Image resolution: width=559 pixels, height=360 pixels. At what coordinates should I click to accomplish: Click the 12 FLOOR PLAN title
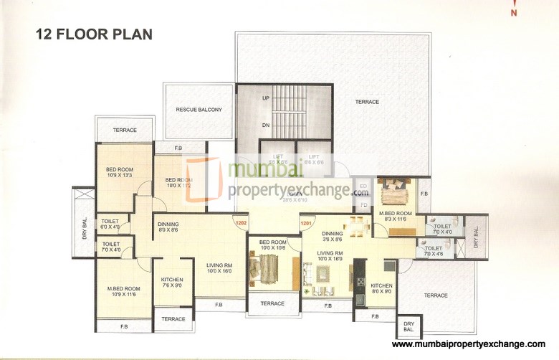94,34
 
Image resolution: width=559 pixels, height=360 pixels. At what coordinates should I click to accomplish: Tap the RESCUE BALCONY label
199,110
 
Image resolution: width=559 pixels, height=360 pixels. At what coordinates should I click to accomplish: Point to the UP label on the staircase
265,98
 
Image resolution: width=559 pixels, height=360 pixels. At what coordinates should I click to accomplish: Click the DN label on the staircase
265,125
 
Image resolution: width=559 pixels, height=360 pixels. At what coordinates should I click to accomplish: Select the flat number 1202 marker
241,222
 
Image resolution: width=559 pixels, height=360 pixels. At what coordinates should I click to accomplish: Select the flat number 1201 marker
307,223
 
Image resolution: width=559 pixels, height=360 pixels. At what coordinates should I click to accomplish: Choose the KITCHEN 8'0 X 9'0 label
381,288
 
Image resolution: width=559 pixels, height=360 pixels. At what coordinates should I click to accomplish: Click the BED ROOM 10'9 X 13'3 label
120,172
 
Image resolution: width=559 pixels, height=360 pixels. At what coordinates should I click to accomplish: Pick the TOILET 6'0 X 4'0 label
110,224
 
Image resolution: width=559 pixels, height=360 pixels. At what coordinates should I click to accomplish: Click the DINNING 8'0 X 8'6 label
168,227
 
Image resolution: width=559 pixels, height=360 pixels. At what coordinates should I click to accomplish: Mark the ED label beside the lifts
363,187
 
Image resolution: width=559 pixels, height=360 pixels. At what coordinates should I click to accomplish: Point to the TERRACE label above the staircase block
367,102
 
